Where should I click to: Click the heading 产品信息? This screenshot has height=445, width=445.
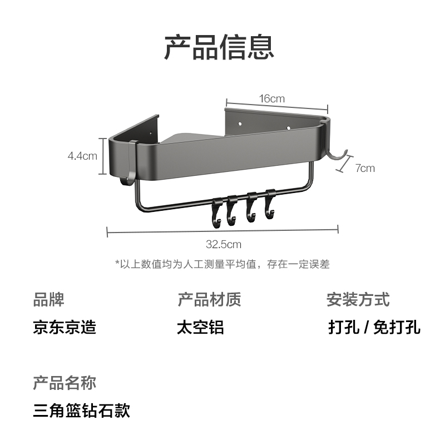click(x=219, y=47)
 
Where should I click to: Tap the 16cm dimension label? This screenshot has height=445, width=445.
click(x=272, y=98)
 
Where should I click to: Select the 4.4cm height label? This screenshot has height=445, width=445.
click(x=82, y=156)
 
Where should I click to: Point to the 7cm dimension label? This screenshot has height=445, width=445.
click(x=365, y=168)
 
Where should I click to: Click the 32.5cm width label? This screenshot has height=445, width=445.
click(x=223, y=244)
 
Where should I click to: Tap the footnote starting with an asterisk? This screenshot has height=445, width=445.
click(x=222, y=264)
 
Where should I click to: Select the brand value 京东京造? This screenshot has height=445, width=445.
click(x=65, y=327)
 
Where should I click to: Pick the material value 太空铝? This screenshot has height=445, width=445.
click(x=200, y=327)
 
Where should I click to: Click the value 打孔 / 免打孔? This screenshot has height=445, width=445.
click(x=374, y=327)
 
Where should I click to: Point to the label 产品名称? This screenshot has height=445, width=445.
click(x=65, y=383)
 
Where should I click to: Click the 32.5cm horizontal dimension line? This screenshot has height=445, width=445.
click(x=167, y=230)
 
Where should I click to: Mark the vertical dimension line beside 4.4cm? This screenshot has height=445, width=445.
click(x=101, y=156)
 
